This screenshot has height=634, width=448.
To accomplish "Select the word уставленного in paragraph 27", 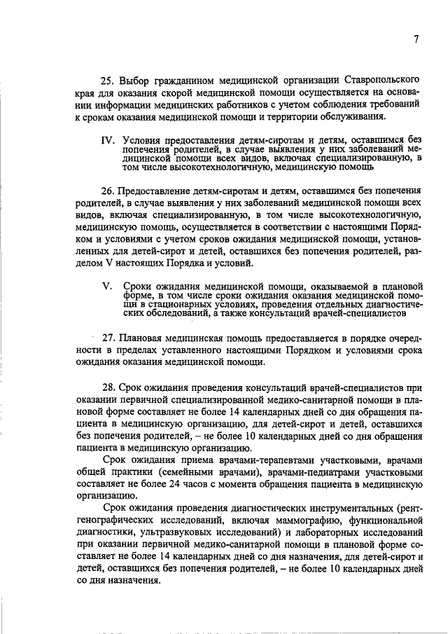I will point(185,350).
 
